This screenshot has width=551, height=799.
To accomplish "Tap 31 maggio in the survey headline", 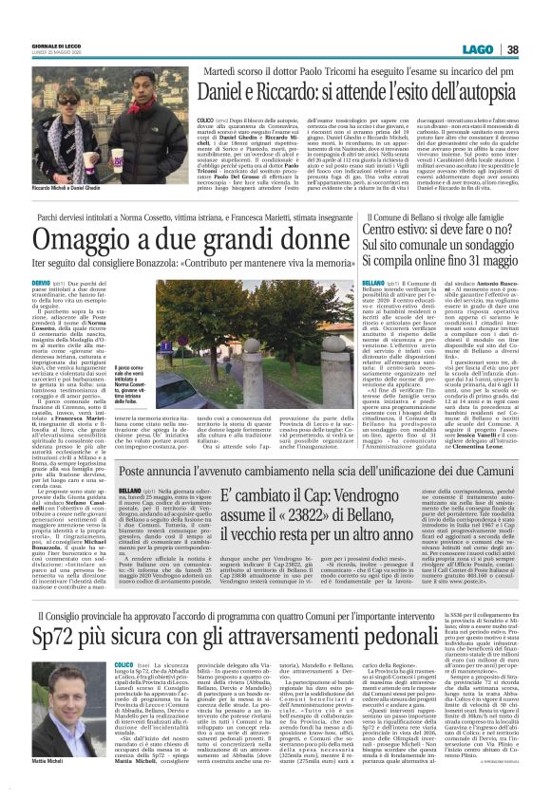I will (x=495, y=258).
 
